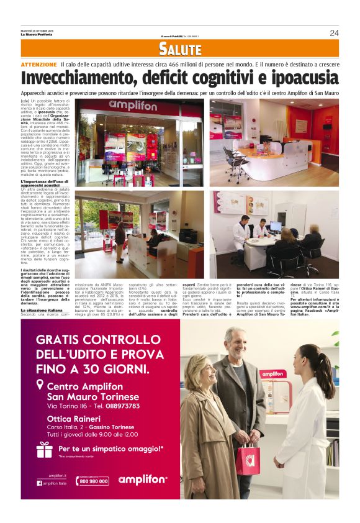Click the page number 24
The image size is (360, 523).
point(334,32)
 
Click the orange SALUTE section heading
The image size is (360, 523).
point(179,48)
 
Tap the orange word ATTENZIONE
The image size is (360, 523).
point(39,65)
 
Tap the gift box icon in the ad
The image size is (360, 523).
point(45,449)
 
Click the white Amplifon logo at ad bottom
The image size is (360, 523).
point(142,480)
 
